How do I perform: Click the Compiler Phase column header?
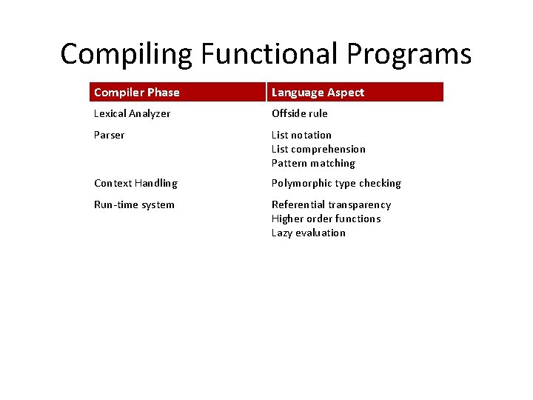[x=137, y=93]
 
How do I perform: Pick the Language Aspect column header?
[x=318, y=93]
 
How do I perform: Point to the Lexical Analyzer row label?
[x=132, y=113]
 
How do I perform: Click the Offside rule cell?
[x=299, y=113]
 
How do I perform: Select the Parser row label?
[x=109, y=135]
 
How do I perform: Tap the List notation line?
[x=301, y=135]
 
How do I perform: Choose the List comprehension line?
[x=318, y=149]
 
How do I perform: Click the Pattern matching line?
[x=313, y=163]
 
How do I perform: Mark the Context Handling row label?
[x=135, y=183]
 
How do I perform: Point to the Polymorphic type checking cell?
[x=336, y=183]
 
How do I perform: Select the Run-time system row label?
[x=134, y=204]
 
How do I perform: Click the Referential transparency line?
[x=331, y=204]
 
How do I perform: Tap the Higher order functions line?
[x=326, y=219]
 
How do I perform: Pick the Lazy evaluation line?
[x=308, y=233]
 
